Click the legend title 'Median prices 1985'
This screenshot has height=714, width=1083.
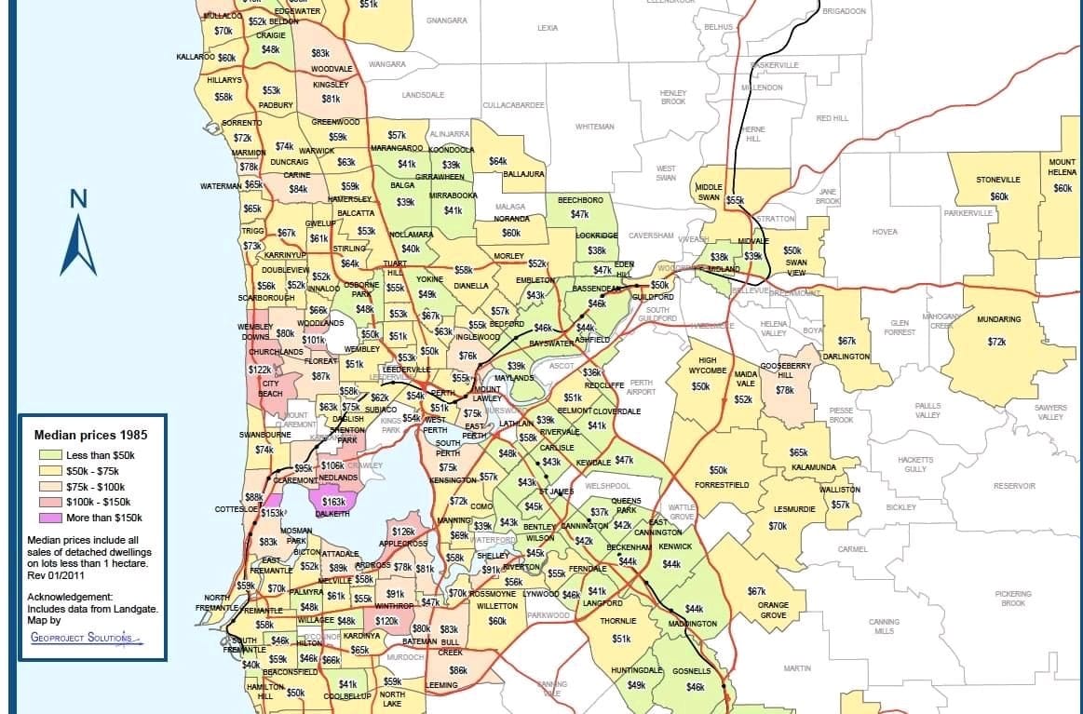click(x=91, y=435)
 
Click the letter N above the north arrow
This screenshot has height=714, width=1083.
click(x=78, y=198)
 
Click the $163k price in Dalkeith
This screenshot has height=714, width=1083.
click(x=333, y=501)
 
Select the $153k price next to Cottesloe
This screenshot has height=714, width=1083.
click(x=272, y=513)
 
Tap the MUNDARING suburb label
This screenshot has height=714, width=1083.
click(x=998, y=319)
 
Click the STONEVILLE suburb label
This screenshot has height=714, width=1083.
click(x=998, y=180)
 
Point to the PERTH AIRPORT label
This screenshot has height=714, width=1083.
click(x=642, y=387)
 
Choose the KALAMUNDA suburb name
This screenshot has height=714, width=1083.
click(x=814, y=466)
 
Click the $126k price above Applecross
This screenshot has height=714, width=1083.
click(x=402, y=532)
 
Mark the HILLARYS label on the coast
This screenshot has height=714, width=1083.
click(x=224, y=80)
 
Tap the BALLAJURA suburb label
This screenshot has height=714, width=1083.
click(x=523, y=174)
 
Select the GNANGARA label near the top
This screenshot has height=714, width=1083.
click(x=446, y=20)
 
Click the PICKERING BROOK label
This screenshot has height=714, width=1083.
click(x=1012, y=598)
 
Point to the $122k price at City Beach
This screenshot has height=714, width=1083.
click(x=260, y=370)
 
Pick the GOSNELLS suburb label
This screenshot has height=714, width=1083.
click(x=691, y=671)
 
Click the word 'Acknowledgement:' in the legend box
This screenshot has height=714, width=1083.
click(x=70, y=596)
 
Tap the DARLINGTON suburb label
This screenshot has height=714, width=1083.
click(x=846, y=357)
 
